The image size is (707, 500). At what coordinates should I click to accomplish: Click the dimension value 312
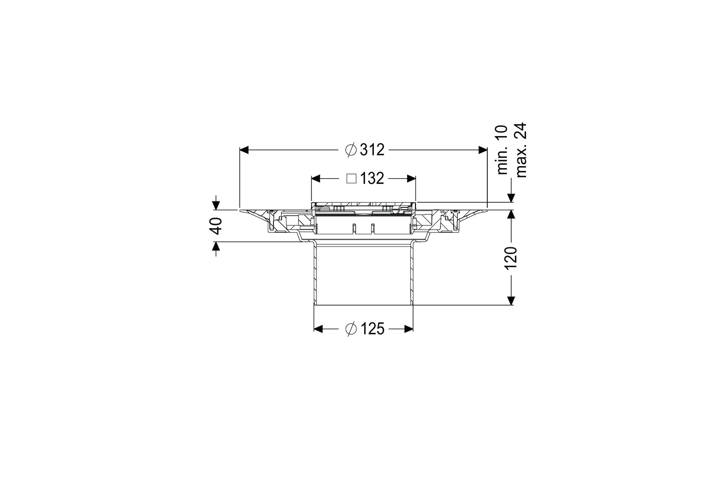point(372,150)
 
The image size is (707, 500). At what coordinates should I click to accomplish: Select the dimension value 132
point(372,179)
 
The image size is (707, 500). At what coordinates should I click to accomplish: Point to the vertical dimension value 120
point(511,258)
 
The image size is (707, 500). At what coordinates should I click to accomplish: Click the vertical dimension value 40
point(216,226)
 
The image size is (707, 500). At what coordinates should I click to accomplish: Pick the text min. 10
point(502,150)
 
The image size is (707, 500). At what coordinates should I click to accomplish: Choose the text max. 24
point(521,150)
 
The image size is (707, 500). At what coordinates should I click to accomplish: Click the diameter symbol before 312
point(351,150)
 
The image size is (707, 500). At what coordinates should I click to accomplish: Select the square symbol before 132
point(352,179)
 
